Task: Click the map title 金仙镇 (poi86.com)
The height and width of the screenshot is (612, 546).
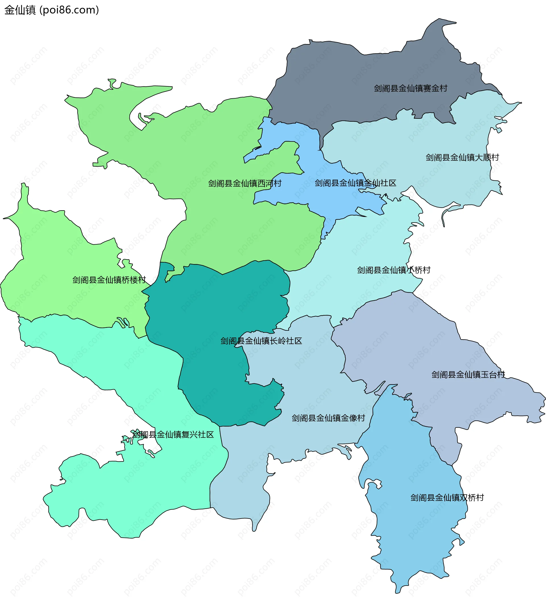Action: click(x=51, y=10)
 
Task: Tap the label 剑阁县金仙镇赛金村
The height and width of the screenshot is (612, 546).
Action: click(x=410, y=88)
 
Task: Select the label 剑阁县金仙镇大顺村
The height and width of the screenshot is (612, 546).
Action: click(x=462, y=158)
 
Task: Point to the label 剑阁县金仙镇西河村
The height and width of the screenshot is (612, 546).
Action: click(x=245, y=184)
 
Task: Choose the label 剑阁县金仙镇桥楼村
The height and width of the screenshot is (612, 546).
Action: click(x=109, y=280)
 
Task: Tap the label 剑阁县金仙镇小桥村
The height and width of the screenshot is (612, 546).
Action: click(x=394, y=270)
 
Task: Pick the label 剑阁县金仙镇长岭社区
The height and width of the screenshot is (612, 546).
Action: click(x=261, y=341)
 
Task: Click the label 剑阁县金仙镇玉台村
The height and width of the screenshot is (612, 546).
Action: click(x=468, y=375)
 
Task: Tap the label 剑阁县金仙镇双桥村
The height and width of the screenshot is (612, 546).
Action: click(x=447, y=498)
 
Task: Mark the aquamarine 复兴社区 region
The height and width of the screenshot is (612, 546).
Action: click(x=135, y=492)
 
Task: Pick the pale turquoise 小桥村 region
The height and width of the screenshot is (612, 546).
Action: click(x=360, y=246)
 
